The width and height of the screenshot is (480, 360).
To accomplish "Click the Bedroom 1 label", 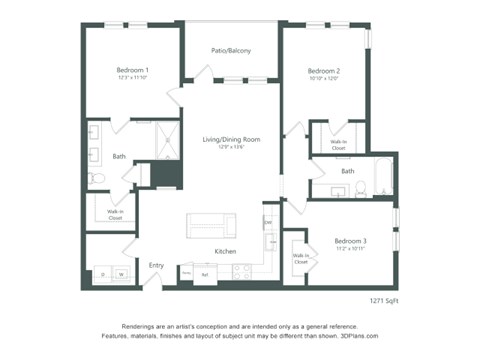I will (133, 69).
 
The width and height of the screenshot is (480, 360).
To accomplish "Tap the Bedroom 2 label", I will (324, 71).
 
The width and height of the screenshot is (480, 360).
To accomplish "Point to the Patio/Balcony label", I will (230, 50).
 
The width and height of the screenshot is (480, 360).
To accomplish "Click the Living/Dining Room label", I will (231, 139).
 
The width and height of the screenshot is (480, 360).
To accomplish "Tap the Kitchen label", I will (225, 251).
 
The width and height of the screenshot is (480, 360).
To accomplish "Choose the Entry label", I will (156, 265).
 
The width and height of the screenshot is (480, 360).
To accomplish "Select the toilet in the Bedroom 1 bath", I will (97, 177).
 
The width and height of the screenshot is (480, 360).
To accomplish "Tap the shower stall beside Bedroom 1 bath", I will (162, 148).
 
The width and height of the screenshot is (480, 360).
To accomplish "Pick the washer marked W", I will (121, 273).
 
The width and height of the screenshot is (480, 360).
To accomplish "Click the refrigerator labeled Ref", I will (205, 272).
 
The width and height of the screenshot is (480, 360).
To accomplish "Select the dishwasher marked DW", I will (268, 222).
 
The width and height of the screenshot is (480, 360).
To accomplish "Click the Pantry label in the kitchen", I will (187, 272).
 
